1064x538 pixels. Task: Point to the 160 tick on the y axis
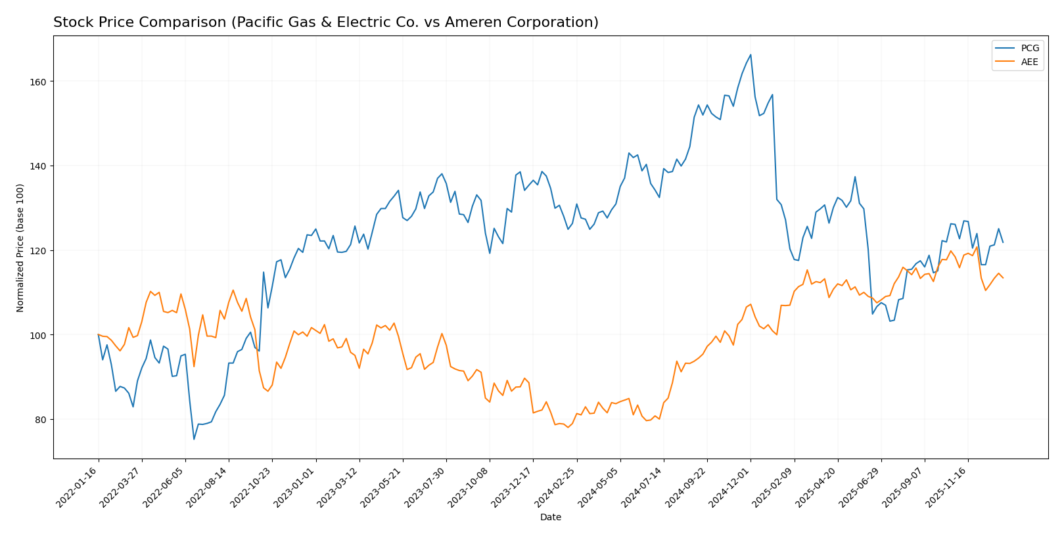click(39, 81)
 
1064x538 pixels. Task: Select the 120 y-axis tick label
click(39, 251)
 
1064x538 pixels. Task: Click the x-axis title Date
click(550, 518)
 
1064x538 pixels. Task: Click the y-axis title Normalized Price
click(20, 248)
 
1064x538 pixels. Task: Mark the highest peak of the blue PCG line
click(751, 55)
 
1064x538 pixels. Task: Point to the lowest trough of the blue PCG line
click(194, 439)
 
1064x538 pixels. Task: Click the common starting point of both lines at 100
click(99, 335)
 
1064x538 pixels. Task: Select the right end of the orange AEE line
click(1003, 278)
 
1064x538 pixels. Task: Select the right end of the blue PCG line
click(1003, 242)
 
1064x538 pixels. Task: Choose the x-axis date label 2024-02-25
click(557, 488)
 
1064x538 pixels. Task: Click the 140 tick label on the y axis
click(39, 166)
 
